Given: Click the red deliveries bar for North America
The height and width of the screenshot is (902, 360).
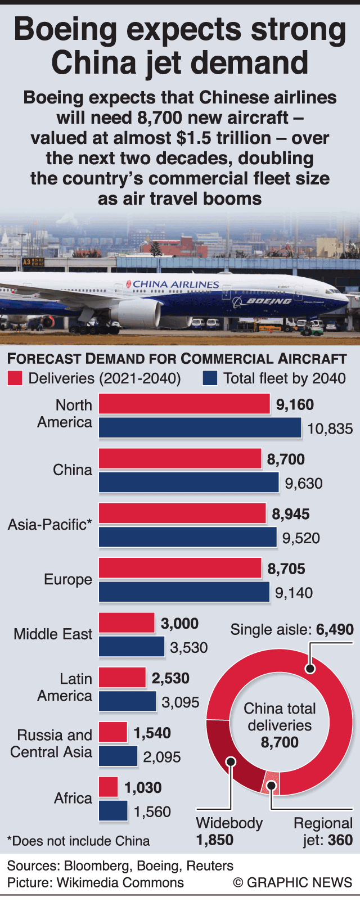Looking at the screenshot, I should pos(184,404).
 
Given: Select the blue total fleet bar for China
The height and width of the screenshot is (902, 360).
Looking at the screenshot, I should pos(189,482).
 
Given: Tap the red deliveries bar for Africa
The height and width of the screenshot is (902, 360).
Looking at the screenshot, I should pos(109,787).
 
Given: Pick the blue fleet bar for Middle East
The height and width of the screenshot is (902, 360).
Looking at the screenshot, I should pos(132,647).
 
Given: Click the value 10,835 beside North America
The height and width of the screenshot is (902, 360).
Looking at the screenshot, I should pos(330,429).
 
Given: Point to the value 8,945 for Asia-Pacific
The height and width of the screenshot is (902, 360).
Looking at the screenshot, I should pos(291,514).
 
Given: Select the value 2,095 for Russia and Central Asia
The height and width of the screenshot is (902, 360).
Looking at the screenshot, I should pos(162,757).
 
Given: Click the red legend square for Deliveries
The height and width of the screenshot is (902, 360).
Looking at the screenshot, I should pos(15,378).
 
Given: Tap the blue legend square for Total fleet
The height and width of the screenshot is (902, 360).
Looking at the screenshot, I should pos(210,378).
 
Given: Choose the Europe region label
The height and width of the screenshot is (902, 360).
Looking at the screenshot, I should pos(68,580).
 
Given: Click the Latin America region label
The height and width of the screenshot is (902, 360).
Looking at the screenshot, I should pos(65,687).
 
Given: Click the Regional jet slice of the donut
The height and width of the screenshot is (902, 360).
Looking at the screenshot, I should pos(271,784).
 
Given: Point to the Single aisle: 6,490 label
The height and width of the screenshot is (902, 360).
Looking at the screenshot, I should pos(292,629).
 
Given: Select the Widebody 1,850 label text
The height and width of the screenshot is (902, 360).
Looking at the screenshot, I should pos(229,831).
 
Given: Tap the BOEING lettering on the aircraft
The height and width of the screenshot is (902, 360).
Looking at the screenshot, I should pos(269,301).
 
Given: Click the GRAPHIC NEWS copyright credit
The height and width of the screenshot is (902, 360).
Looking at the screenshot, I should pos(292,882).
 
